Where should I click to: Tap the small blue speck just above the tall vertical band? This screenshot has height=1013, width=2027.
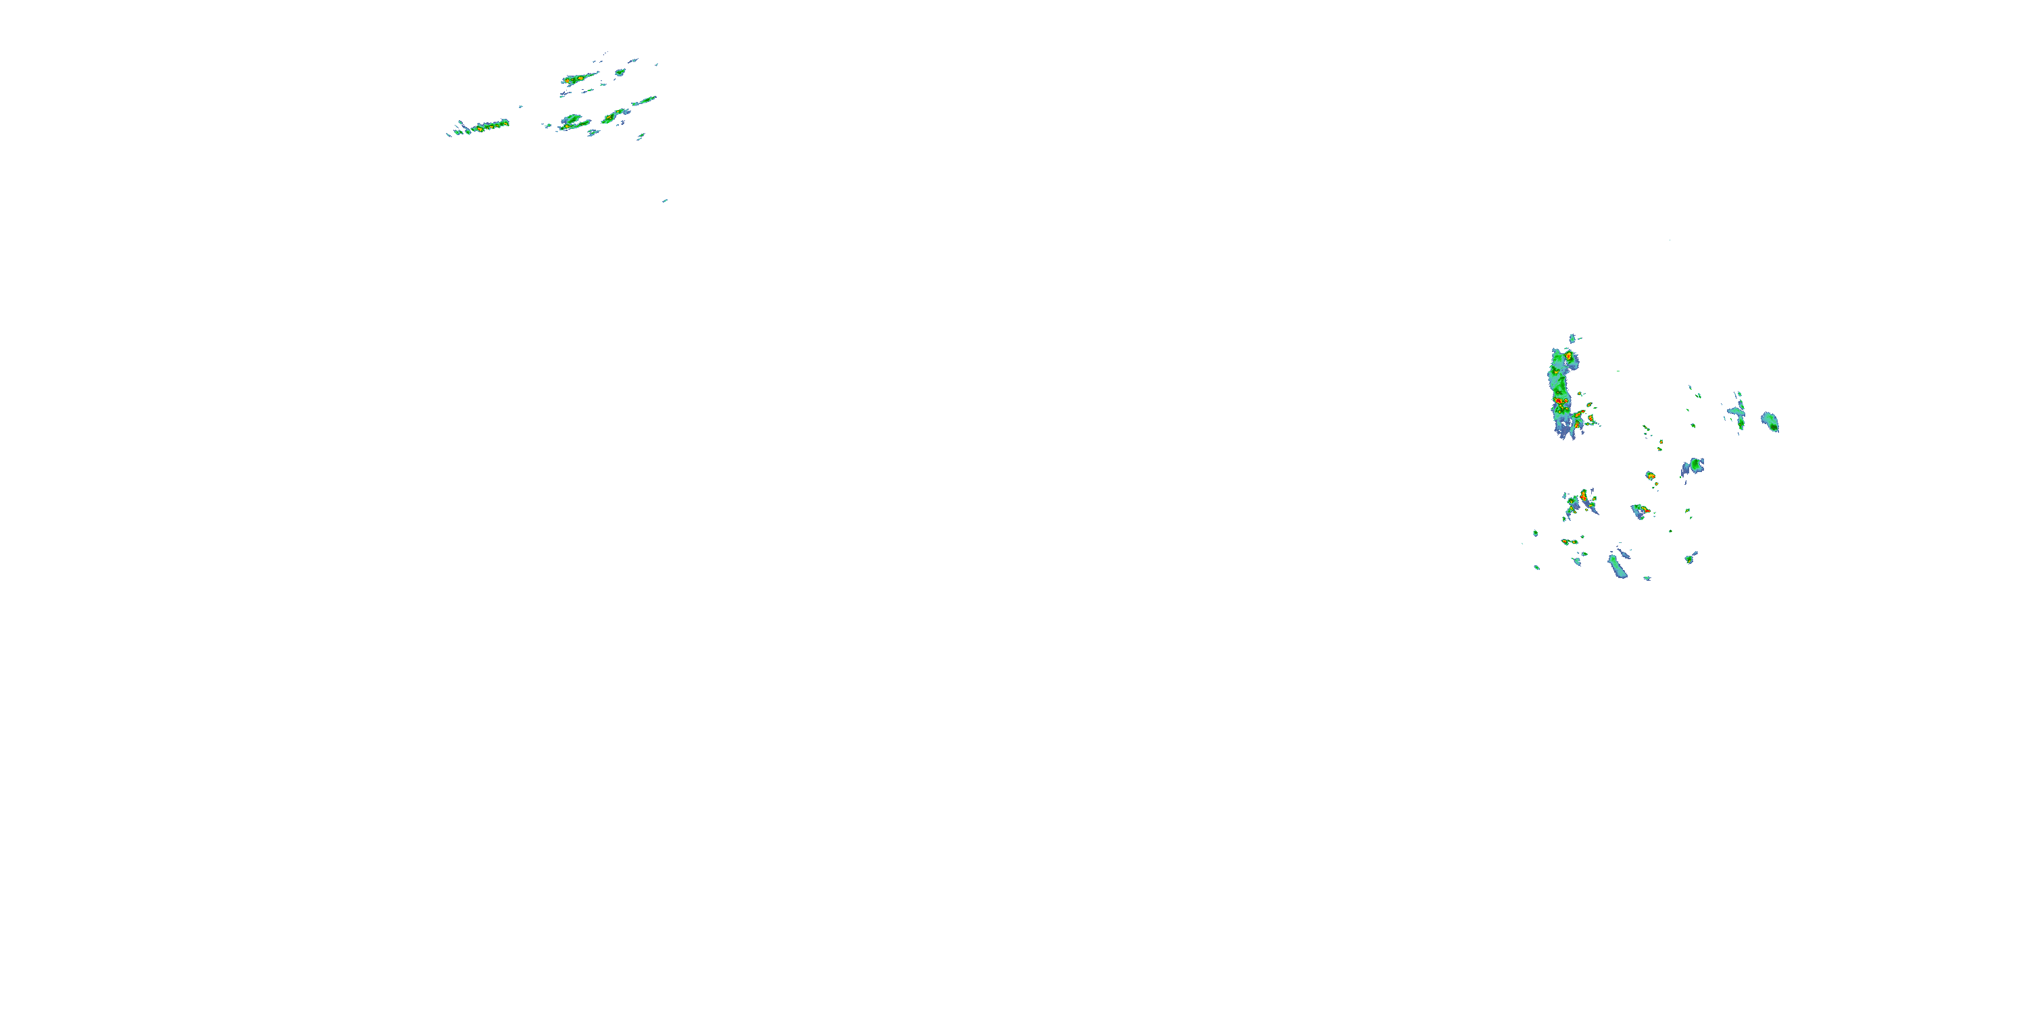1572,338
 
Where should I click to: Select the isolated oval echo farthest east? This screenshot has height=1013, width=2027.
1770,421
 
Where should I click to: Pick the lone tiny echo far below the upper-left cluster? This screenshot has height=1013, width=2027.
665,201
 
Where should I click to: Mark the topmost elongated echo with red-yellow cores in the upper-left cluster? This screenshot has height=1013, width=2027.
578,78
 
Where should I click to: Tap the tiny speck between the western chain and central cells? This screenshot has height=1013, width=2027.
520,106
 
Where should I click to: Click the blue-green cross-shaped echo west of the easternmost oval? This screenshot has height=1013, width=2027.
1736,412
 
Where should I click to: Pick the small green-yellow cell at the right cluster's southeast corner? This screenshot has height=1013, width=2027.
1688,559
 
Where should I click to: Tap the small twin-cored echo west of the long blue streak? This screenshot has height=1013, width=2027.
1568,542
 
